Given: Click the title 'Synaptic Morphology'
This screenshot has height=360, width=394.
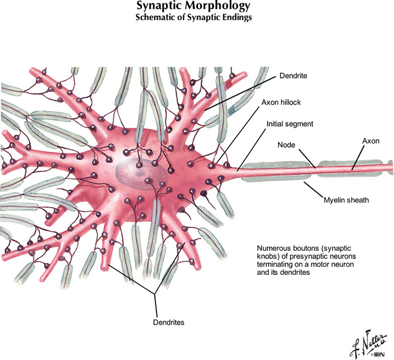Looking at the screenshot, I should (x=193, y=6).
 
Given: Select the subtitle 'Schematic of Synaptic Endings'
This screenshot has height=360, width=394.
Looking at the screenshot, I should (x=193, y=16).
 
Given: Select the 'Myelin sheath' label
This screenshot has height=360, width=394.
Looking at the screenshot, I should (x=346, y=199).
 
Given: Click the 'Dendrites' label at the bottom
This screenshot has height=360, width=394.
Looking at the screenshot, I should (x=169, y=323).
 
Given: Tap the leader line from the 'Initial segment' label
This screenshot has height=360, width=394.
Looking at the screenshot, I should (x=254, y=147).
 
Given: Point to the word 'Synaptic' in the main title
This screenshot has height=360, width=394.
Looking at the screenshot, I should (x=155, y=6).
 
